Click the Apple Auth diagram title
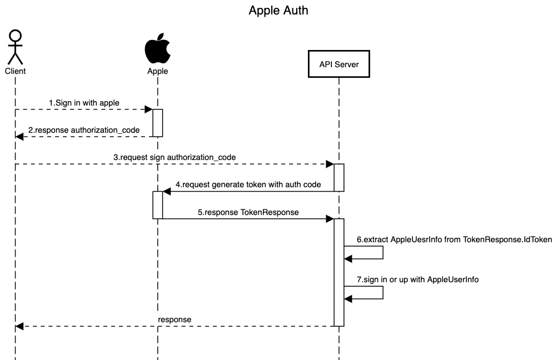pos(278,10)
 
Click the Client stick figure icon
pos(16,47)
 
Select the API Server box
pos(339,64)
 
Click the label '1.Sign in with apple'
pos(84,103)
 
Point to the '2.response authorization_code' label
pos(84,130)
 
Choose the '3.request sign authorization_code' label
pos(175,157)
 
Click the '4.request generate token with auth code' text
pos(248,184)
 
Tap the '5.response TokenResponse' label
pos(248,212)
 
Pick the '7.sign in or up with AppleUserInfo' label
pos(417,279)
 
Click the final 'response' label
pos(175,319)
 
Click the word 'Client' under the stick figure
pos(16,71)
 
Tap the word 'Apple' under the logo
pos(157,71)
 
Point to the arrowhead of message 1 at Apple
pos(149,109)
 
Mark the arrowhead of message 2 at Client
pos(19,136)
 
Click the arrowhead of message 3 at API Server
pos(330,164)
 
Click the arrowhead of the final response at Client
pos(19,326)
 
